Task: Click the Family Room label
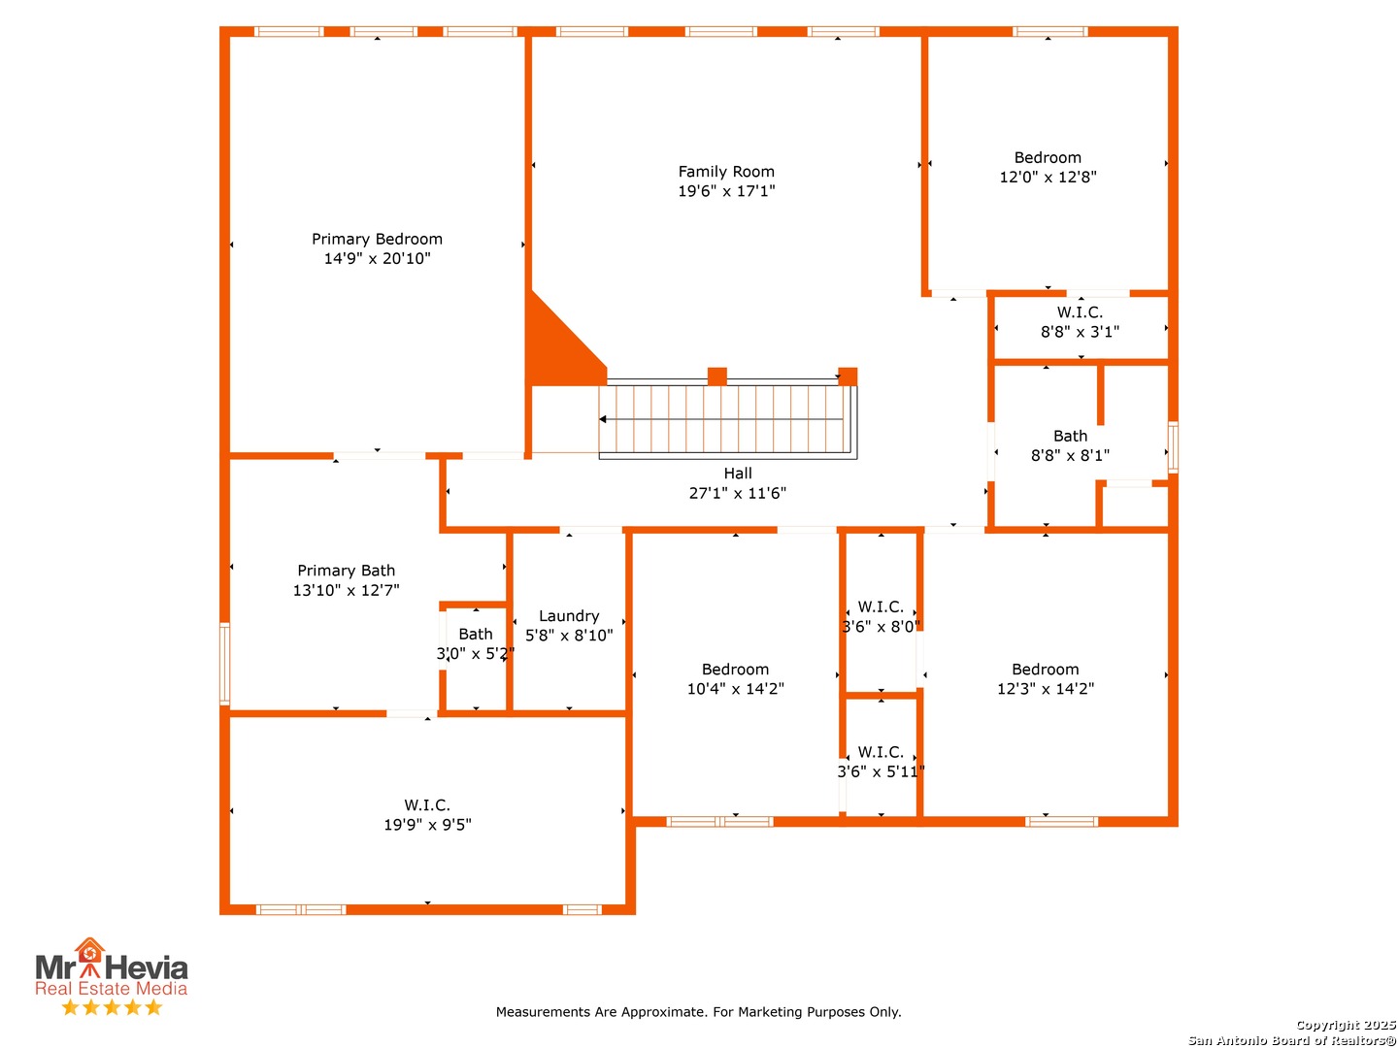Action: point(725,171)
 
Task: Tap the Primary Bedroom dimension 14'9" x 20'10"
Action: point(377,258)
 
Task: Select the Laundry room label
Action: point(568,615)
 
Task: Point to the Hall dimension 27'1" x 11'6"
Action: point(737,493)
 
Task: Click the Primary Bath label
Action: point(346,570)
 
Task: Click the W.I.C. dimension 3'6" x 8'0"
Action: point(881,626)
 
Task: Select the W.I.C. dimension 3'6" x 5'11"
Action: point(881,771)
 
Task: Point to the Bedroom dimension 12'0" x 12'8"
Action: point(1048,177)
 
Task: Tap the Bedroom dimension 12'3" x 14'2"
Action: point(1045,688)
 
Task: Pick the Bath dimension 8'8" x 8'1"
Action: point(1069,455)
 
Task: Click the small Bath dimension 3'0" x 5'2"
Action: point(475,653)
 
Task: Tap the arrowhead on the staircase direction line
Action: point(602,418)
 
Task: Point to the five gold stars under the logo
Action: point(112,1006)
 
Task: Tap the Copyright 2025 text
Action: point(1345,1025)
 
